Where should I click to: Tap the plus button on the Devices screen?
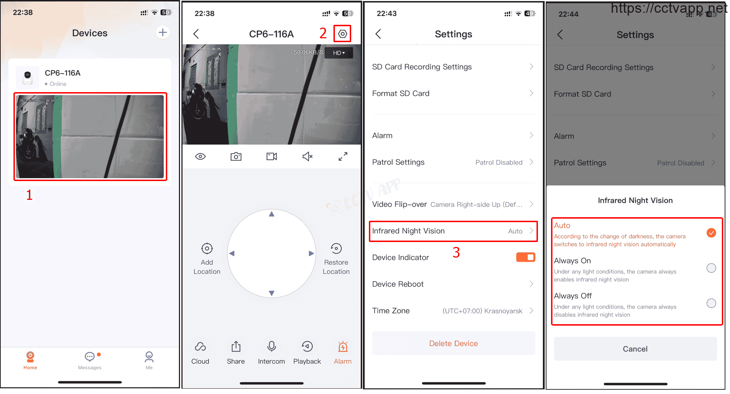(x=163, y=33)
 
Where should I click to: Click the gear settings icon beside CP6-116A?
(x=342, y=34)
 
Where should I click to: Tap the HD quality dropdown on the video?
(x=339, y=53)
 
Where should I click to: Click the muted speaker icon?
(x=307, y=157)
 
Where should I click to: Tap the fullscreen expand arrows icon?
(x=343, y=157)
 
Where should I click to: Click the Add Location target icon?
(x=207, y=249)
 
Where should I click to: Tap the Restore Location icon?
(x=336, y=249)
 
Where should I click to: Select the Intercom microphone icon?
(x=271, y=347)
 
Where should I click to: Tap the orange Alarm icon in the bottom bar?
(x=343, y=347)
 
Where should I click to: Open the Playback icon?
(x=307, y=347)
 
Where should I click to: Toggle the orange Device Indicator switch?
(x=526, y=257)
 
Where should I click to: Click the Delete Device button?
(x=454, y=343)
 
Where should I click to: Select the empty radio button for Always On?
(x=711, y=268)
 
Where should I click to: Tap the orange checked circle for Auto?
(x=711, y=233)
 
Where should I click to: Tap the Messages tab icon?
(x=90, y=356)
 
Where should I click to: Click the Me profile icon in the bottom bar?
(x=149, y=356)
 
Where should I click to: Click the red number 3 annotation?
(x=456, y=253)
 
